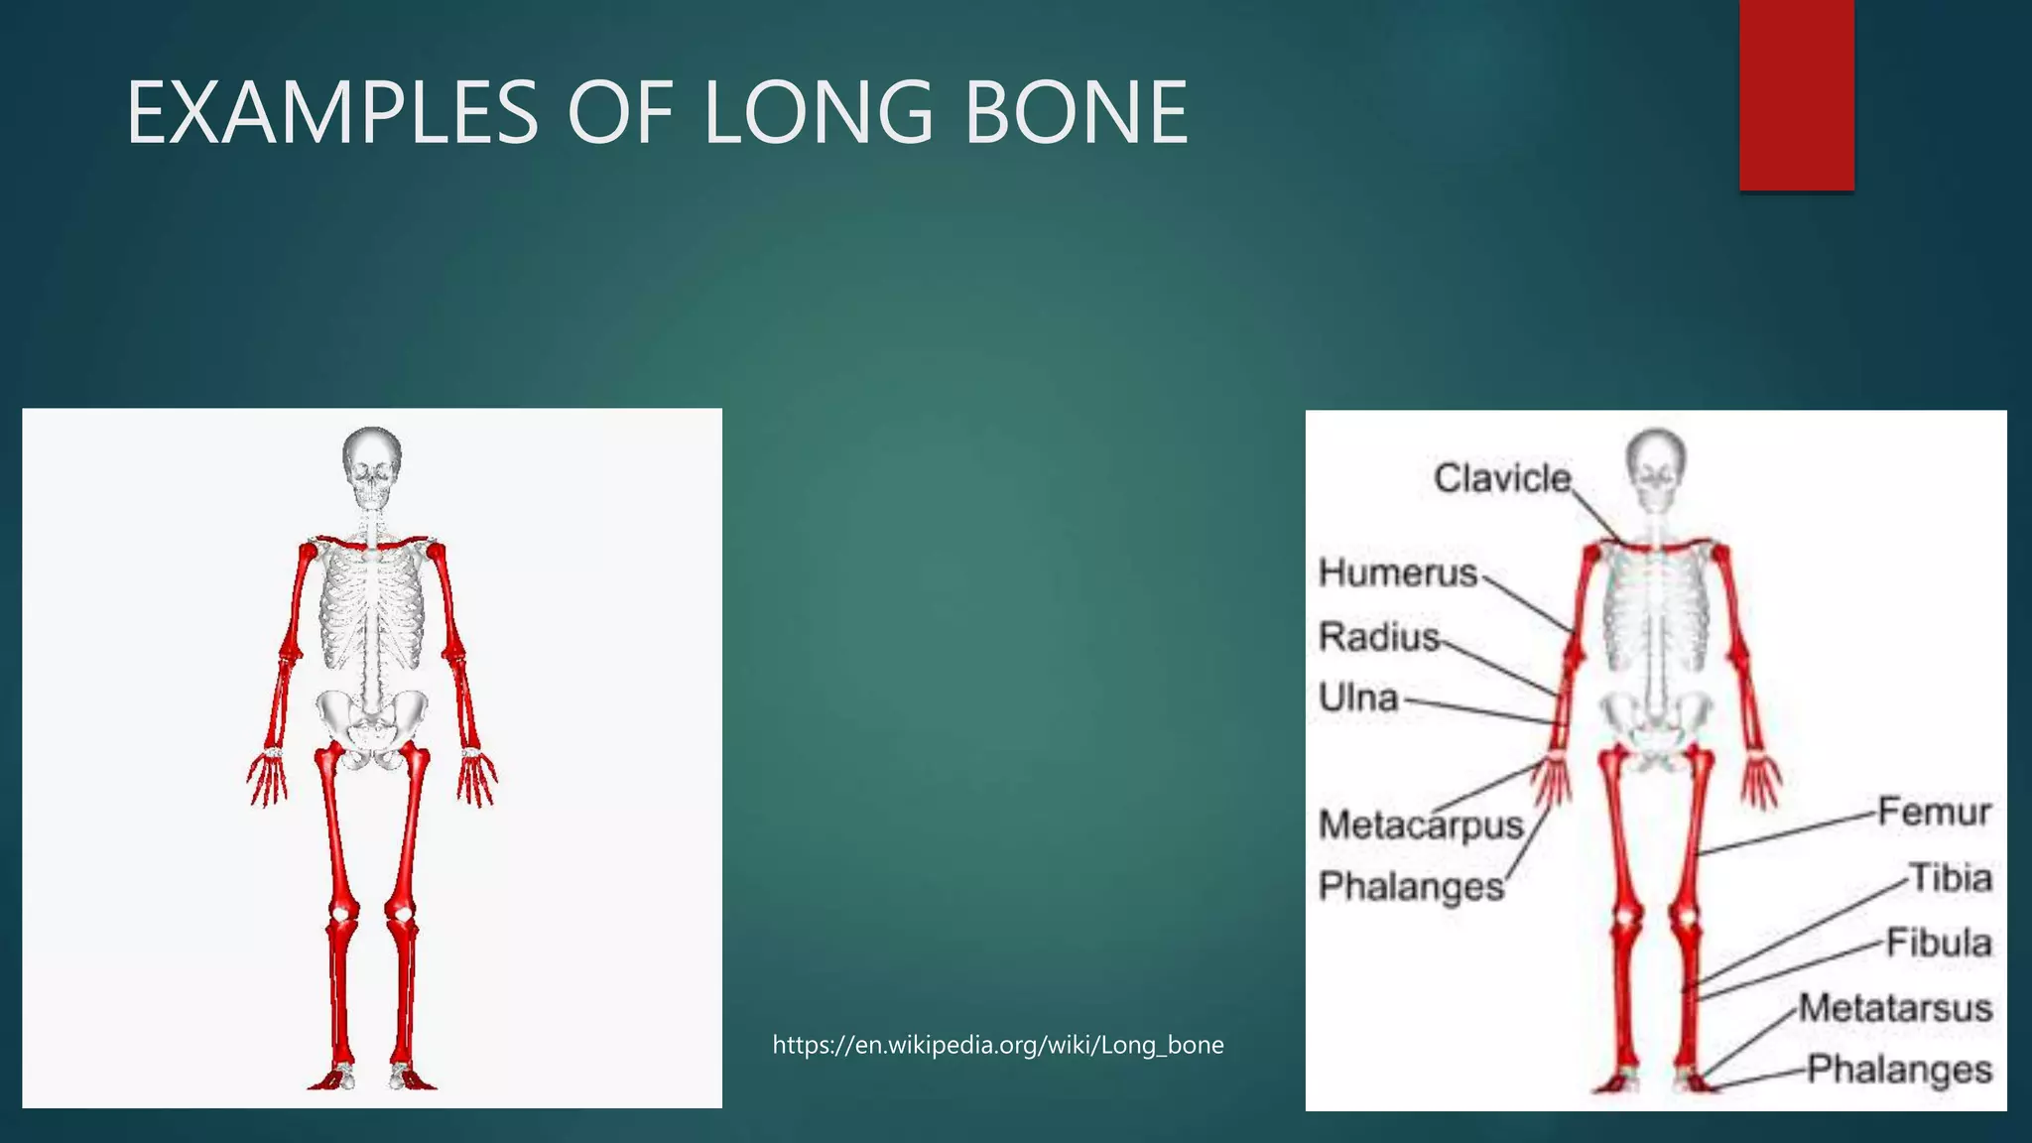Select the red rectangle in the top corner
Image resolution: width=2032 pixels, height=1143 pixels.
1796,94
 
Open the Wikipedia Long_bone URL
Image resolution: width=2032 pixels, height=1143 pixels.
997,1045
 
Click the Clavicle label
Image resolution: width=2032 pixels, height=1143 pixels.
1502,478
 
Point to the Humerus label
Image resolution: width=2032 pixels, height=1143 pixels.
1398,572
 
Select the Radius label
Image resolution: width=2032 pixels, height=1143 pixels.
1378,636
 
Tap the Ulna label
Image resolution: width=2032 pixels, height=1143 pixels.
1358,698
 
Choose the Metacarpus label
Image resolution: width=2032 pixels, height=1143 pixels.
1420,825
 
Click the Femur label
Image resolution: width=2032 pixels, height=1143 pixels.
1934,812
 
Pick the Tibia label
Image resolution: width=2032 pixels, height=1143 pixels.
1950,878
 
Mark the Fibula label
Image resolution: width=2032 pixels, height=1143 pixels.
1938,942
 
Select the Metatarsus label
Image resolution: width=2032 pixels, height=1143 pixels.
1895,1008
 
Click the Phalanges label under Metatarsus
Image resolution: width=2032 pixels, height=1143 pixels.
1899,1070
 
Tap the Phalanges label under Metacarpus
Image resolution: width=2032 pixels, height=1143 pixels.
1411,886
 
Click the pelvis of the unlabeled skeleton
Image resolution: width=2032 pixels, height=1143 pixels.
371,719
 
